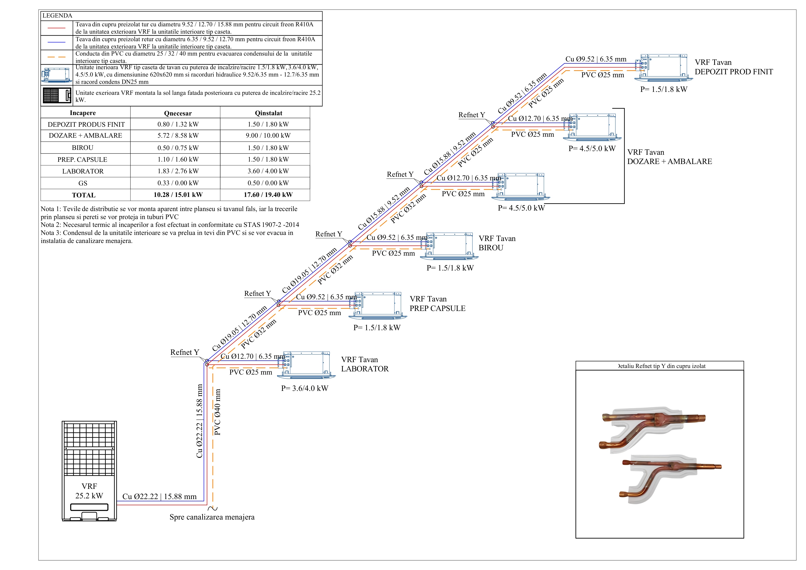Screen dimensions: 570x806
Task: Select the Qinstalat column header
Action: pyautogui.click(x=269, y=113)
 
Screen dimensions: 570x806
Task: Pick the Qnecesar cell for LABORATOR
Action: pyautogui.click(x=178, y=171)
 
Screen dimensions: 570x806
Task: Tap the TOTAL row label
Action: pyautogui.click(x=84, y=195)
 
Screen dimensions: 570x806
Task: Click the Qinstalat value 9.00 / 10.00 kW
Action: pyautogui.click(x=268, y=135)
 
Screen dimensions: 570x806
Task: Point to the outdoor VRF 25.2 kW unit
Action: pyautogui.click(x=89, y=471)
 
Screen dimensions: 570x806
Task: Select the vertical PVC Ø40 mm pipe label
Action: pyautogui.click(x=218, y=412)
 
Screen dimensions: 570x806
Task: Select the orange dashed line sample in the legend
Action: pyautogui.click(x=57, y=57)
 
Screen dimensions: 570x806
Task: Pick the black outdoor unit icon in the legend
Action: pyautogui.click(x=57, y=96)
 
